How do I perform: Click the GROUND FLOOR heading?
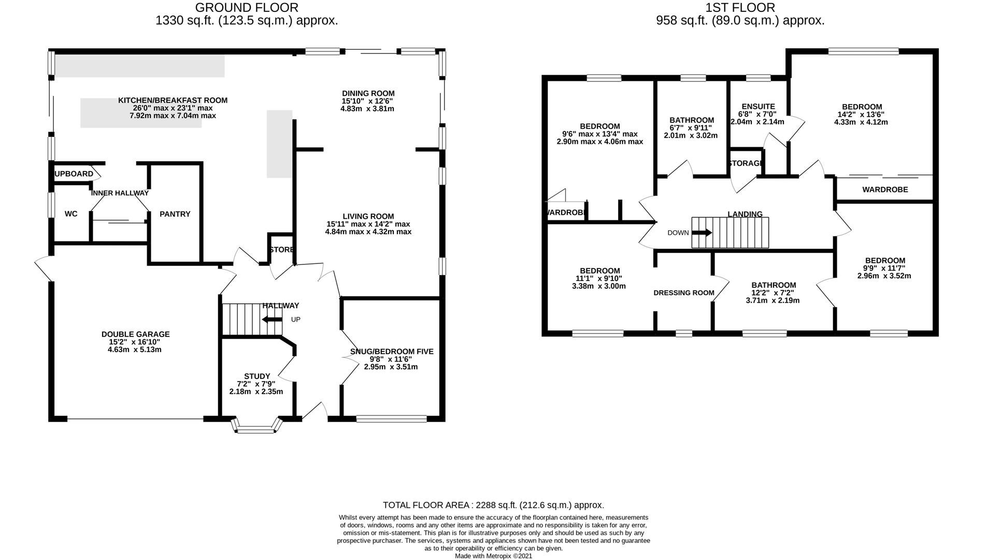click(x=247, y=8)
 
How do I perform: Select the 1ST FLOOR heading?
click(x=740, y=8)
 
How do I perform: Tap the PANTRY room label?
click(x=175, y=214)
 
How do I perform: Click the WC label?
click(x=71, y=214)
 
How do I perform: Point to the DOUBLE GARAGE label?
click(x=135, y=334)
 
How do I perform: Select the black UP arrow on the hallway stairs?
click(x=272, y=319)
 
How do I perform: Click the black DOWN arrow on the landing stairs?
click(x=702, y=233)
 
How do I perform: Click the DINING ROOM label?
click(x=368, y=94)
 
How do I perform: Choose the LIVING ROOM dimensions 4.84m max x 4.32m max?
click(x=368, y=232)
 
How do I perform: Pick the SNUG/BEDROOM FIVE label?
click(x=391, y=352)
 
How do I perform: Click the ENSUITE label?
click(x=758, y=107)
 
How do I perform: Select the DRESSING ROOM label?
click(x=683, y=293)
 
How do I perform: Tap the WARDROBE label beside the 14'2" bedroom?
click(x=884, y=190)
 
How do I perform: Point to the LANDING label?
click(x=745, y=214)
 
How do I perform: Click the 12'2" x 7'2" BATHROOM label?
click(x=773, y=285)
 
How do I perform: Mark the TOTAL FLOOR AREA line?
click(x=493, y=505)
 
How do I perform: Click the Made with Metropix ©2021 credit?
click(x=493, y=556)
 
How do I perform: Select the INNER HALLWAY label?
click(x=120, y=193)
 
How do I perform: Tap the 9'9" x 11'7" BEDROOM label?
click(x=884, y=261)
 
